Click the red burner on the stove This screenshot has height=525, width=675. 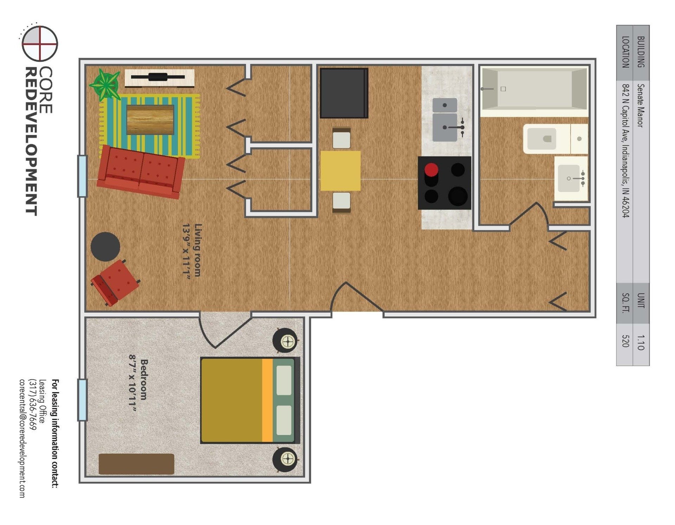431,170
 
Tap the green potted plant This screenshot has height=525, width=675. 104,85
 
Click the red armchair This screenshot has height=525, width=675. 115,282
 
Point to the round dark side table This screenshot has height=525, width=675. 105,247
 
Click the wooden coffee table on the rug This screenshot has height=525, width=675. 150,120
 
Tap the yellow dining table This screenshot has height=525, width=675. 340,171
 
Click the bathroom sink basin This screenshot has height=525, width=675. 568,178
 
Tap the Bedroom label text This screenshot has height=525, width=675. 144,379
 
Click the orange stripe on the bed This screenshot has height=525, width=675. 268,400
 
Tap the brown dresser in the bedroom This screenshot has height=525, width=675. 136,464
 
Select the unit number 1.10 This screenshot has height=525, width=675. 641,342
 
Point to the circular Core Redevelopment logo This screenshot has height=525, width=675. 40,43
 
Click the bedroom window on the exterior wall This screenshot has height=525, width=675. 82,400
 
